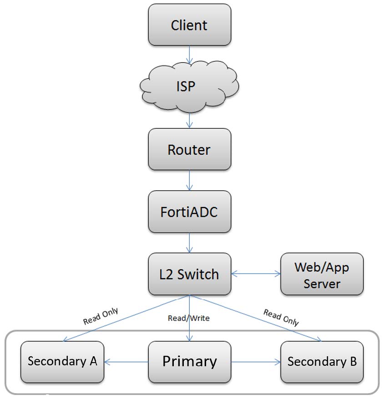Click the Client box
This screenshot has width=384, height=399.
coord(189,25)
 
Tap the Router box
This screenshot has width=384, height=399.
coord(189,149)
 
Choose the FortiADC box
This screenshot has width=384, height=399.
coord(189,212)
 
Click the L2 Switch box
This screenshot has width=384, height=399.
coord(189,274)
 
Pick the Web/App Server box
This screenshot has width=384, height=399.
coord(322,275)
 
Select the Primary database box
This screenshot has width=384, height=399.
coord(189,361)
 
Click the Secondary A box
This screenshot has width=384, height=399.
coord(62,361)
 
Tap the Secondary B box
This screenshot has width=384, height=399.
coord(322,362)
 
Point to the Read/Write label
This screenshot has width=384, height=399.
coord(189,318)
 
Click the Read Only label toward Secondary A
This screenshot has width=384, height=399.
coord(101,317)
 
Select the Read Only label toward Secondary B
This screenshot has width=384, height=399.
coord(281,318)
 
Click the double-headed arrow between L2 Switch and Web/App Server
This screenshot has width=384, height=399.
coord(256,274)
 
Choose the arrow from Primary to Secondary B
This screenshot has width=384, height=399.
coord(255,362)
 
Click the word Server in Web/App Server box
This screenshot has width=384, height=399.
coord(322,284)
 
